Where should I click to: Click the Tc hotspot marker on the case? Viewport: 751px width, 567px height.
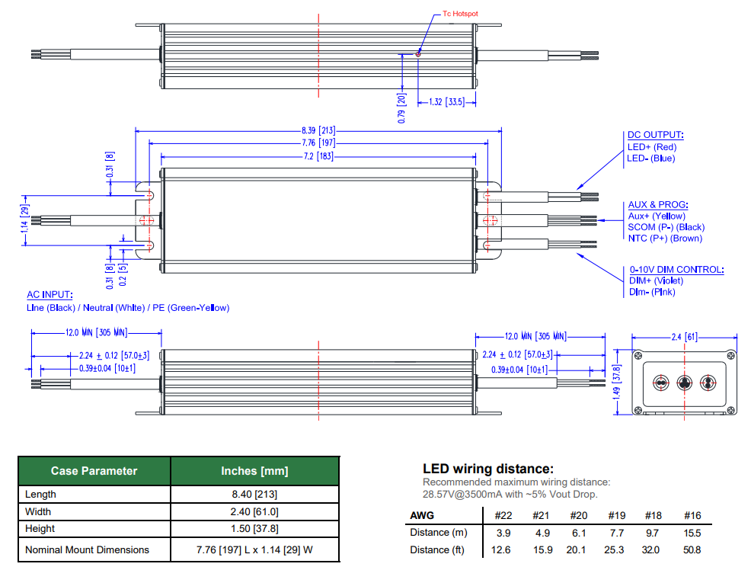point(418,53)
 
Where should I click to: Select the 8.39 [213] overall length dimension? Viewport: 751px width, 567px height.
point(318,130)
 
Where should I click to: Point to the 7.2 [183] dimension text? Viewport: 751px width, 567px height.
point(318,155)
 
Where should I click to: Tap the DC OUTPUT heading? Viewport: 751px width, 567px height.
point(655,134)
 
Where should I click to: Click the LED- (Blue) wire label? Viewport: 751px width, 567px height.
point(651,159)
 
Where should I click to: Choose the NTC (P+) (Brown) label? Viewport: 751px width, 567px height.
point(665,239)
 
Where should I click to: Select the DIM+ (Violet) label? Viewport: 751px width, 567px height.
point(657,280)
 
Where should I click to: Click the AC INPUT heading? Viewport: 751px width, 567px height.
point(50,295)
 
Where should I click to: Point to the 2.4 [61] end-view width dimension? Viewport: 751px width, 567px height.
point(684,336)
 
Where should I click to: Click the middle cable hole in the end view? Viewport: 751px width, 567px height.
point(684,383)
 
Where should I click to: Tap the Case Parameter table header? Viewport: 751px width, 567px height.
point(94,471)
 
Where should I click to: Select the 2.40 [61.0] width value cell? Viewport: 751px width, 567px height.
point(254,511)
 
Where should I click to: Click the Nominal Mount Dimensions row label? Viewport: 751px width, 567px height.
point(87,549)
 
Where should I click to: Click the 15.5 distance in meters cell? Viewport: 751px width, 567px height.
point(692,532)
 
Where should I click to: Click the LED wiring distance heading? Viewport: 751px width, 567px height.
point(487,469)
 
